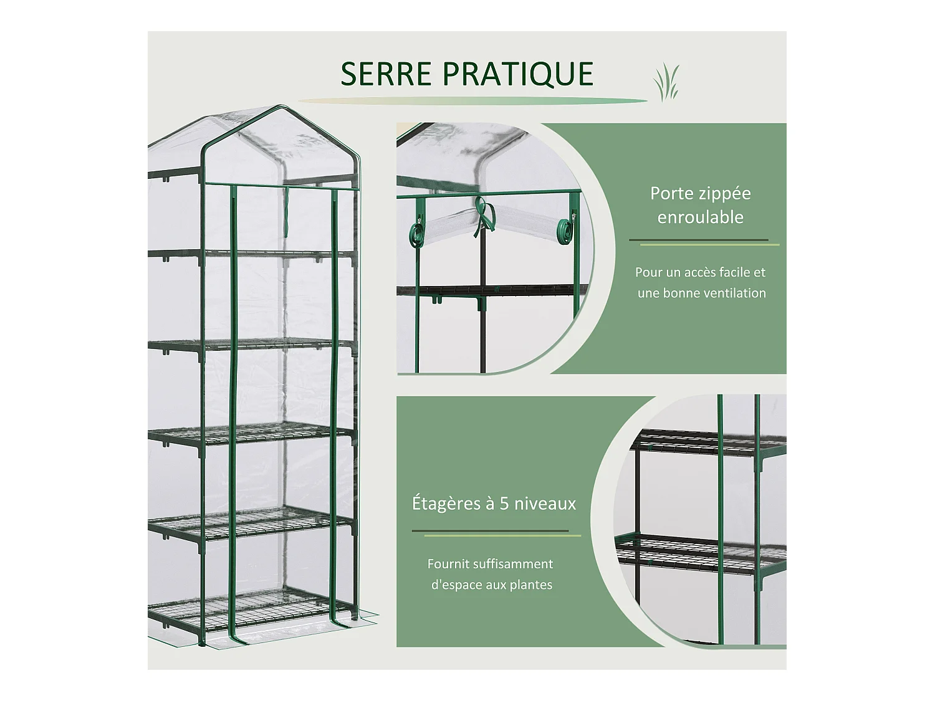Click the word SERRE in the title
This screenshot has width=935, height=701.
pos(386,74)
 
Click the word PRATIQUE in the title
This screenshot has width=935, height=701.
pos(517,74)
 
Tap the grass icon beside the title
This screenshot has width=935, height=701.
pos(666,82)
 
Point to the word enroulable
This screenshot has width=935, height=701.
pos(700,217)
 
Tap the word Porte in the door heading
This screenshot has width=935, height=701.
pos(670,194)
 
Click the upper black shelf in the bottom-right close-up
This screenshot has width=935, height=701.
pos(707,442)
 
